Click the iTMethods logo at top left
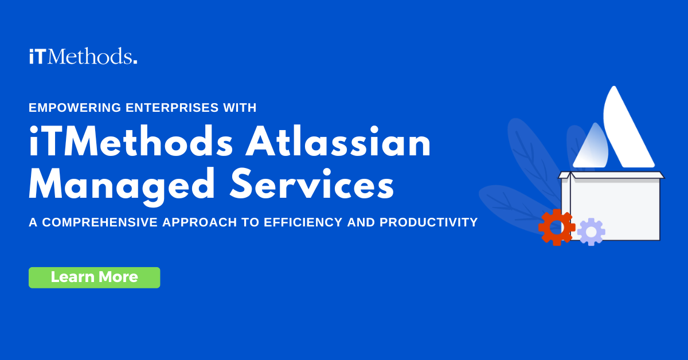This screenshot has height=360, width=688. pos(83,57)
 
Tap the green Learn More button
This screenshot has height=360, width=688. pos(94,277)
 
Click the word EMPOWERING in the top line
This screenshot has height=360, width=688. pos(65,107)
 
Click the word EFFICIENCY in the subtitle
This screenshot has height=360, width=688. pos(303,222)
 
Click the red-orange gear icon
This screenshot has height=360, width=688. pos(556,228)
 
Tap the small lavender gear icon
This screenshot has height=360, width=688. pos(591,232)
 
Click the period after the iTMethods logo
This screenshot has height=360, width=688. pos(135,62)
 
